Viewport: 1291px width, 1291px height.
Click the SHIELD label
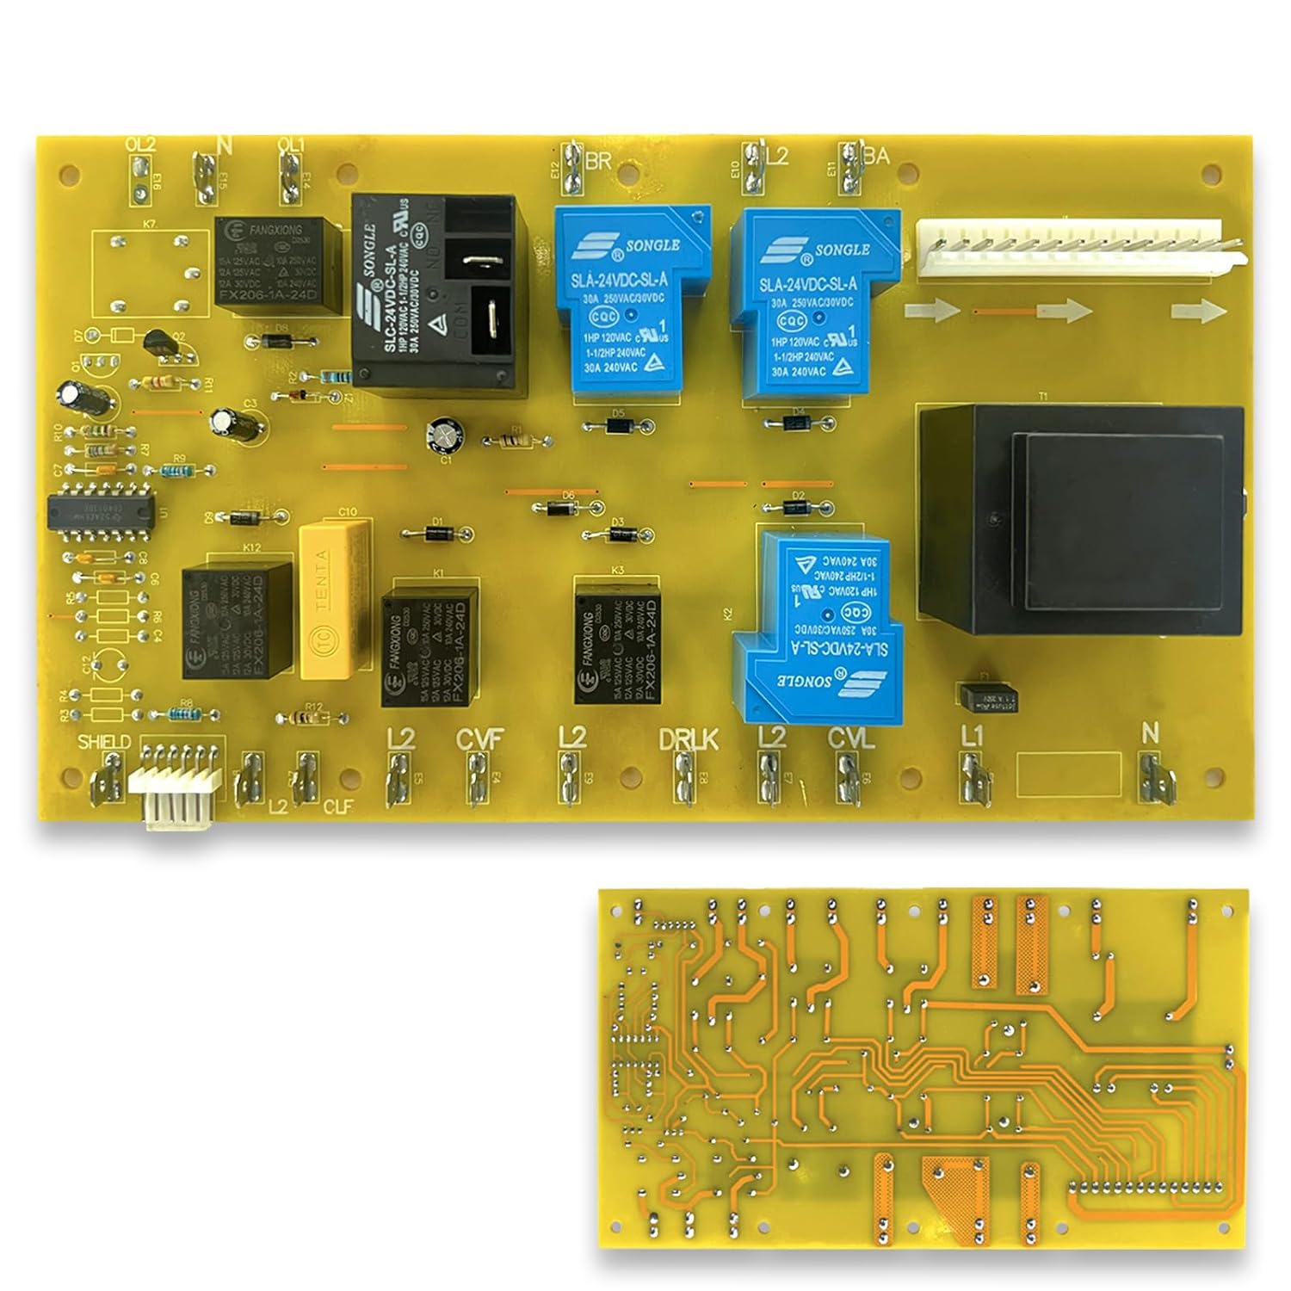coord(104,742)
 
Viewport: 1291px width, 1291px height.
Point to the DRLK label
coord(688,739)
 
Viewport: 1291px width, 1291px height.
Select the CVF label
coord(479,739)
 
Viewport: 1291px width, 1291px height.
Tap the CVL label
coord(850,738)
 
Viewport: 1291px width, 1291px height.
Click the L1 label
coord(971,736)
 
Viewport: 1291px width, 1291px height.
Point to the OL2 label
coord(140,145)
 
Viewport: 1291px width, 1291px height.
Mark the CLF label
coord(339,807)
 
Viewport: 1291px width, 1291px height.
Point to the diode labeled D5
coord(617,425)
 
